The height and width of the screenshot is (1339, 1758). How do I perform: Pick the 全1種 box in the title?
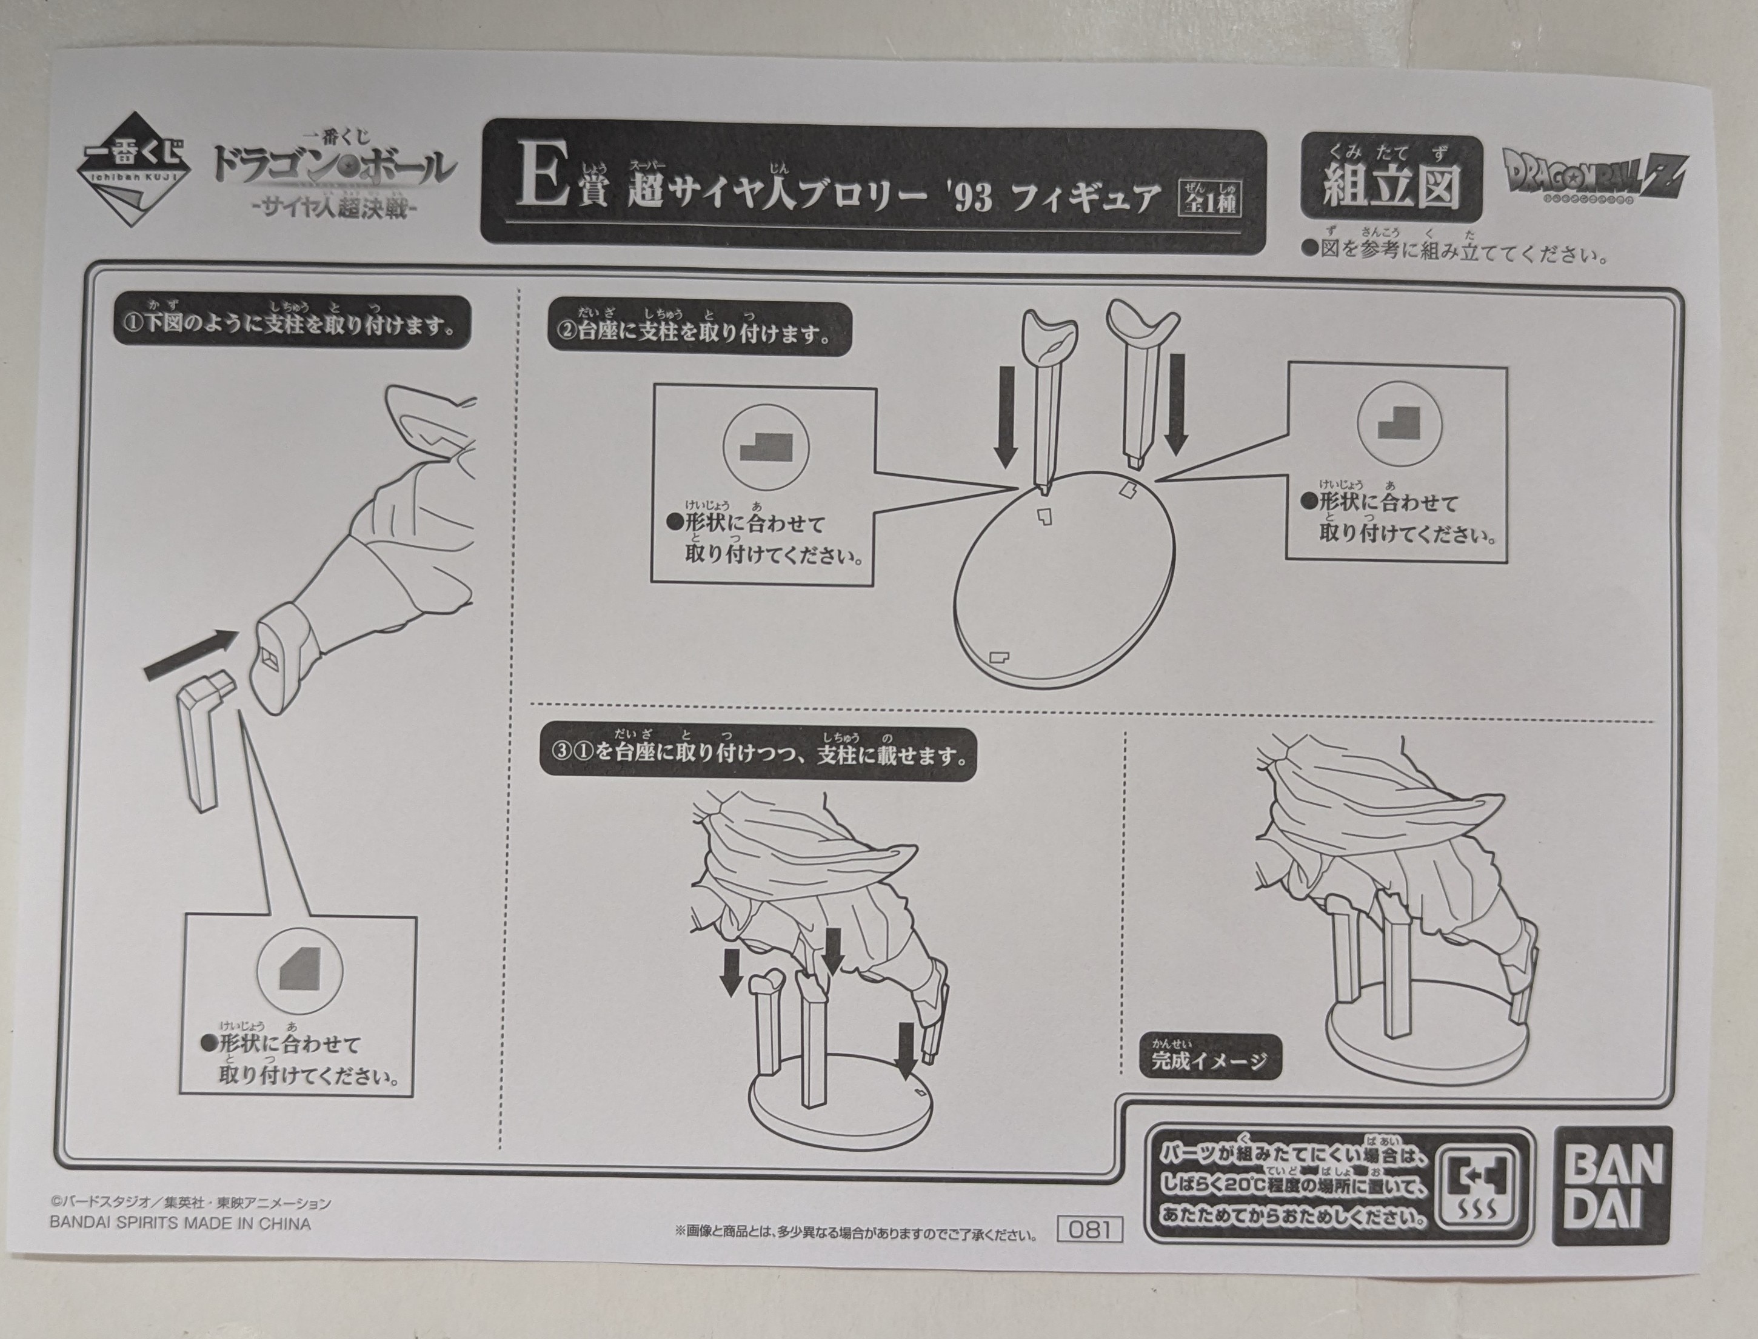1209,194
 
